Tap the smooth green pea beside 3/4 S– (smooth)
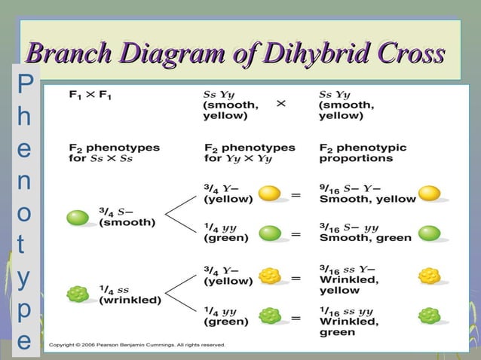coord(77,218)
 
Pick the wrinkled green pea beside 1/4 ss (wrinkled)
coord(77,294)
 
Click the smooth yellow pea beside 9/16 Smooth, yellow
coord(429,194)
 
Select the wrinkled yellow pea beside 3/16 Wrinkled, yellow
coord(429,276)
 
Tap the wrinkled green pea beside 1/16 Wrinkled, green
coord(429,316)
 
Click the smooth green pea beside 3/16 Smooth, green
coord(429,233)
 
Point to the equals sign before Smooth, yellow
coord(296,195)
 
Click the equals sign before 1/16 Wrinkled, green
coord(296,319)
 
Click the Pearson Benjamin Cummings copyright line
coord(136,346)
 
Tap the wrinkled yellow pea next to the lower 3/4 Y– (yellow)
coord(269,276)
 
